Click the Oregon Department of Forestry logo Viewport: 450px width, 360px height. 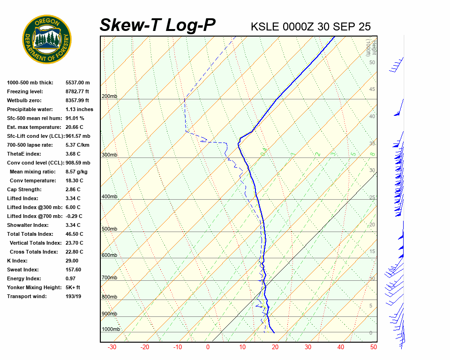point(47,39)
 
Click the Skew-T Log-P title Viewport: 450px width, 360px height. point(157,25)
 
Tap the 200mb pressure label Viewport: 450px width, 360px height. point(109,97)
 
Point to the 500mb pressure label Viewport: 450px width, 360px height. point(109,229)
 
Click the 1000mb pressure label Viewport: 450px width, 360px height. point(111,330)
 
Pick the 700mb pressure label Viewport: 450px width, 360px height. point(109,278)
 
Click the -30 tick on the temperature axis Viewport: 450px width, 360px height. point(112,347)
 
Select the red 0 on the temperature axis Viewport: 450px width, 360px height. point(208,347)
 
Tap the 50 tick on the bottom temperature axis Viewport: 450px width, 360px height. point(374,347)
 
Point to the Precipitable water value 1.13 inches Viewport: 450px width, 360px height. point(79,110)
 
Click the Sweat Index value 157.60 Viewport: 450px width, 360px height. point(73,270)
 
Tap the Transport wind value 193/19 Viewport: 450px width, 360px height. point(74,297)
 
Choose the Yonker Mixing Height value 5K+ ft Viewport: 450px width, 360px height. point(73,288)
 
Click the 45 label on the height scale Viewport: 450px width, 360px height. point(372,90)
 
